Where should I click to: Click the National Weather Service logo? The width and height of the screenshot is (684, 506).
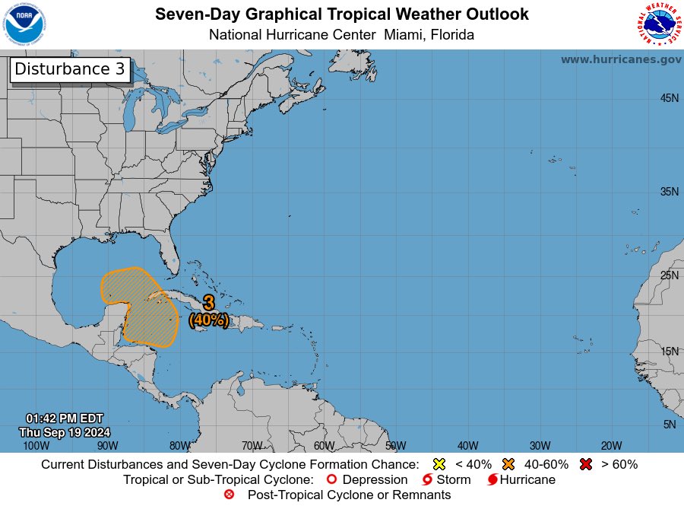(657, 24)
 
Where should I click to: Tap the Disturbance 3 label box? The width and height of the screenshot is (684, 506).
(70, 69)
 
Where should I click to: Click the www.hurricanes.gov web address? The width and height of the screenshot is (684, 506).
(621, 59)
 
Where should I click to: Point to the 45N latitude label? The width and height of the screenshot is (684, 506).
(669, 98)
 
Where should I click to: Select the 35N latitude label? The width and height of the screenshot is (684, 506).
(669, 192)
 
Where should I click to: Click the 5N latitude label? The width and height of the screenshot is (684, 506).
(669, 425)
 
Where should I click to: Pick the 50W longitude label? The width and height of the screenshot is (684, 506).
(395, 446)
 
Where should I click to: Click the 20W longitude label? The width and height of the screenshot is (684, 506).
(611, 446)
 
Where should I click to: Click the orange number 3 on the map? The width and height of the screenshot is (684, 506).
(209, 304)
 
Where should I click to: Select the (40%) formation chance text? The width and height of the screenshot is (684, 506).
(209, 320)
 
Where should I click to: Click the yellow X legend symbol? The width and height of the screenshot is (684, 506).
(439, 464)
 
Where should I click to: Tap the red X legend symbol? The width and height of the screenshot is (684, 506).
(587, 464)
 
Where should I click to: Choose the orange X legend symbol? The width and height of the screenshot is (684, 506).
(508, 464)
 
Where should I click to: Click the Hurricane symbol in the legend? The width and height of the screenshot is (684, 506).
(492, 480)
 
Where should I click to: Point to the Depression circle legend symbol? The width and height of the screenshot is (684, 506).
(331, 479)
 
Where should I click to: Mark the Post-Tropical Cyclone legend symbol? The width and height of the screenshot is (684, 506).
(230, 495)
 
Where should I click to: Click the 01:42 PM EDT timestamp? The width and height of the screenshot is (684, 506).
(64, 418)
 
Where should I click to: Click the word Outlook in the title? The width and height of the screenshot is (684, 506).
(496, 14)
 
